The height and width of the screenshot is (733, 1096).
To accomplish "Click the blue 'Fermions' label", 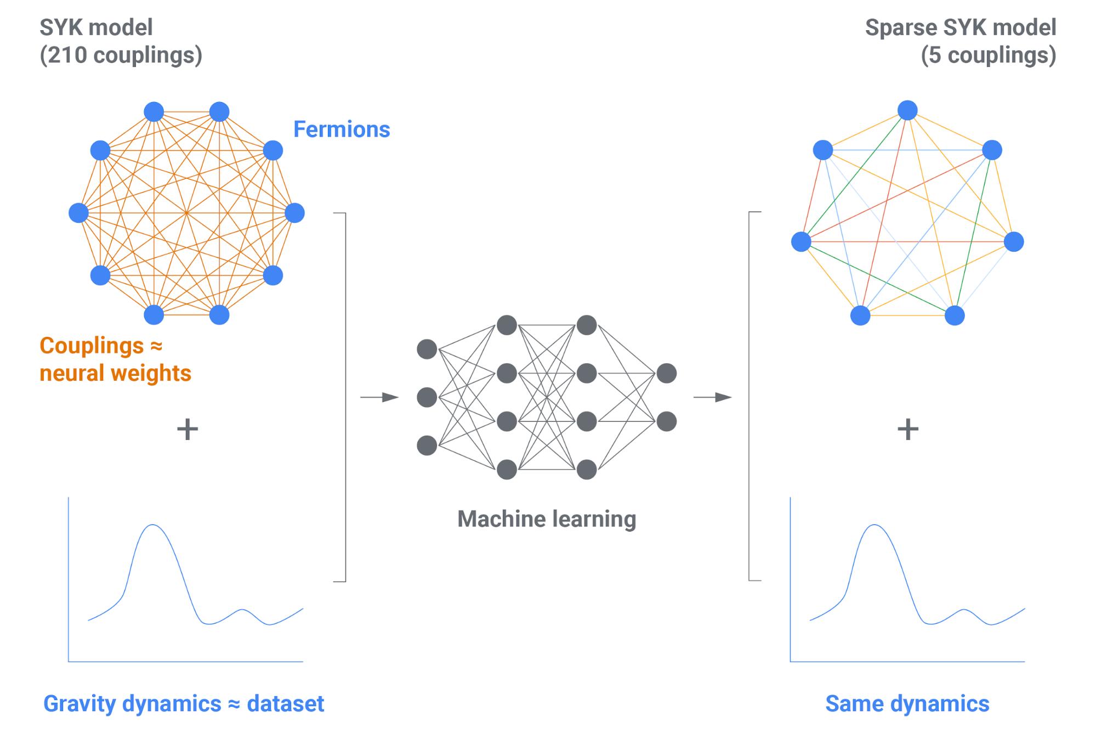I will pyautogui.click(x=342, y=129).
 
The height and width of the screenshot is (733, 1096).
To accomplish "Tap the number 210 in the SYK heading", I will pyautogui.click(x=64, y=55).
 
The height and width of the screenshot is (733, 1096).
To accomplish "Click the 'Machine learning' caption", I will pyautogui.click(x=547, y=519).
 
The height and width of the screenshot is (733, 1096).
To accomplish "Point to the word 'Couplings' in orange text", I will pyautogui.click(x=92, y=346).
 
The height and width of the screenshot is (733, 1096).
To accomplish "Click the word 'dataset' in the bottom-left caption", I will pyautogui.click(x=285, y=704).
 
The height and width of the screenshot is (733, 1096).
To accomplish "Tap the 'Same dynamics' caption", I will pyautogui.click(x=907, y=704).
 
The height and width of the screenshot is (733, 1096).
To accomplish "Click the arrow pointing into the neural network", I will pyautogui.click(x=379, y=397).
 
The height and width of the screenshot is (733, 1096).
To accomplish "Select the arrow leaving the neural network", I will pyautogui.click(x=713, y=397).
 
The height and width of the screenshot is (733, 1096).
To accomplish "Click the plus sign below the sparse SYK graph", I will pyautogui.click(x=907, y=429).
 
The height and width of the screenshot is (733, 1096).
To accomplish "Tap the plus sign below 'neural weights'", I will pyautogui.click(x=187, y=429).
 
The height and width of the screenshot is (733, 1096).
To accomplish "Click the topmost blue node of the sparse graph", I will pyautogui.click(x=907, y=110).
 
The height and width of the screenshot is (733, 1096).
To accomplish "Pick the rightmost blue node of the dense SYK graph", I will pyautogui.click(x=294, y=213).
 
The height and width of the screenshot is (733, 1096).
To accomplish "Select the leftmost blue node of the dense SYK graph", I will pyautogui.click(x=79, y=213).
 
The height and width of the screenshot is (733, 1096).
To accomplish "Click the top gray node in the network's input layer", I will pyautogui.click(x=427, y=349).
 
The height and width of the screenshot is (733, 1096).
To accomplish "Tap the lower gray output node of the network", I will pyautogui.click(x=666, y=421).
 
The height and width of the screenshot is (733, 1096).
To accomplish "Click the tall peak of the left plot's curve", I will pyautogui.click(x=153, y=526).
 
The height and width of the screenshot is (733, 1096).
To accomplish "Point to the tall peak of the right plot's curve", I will pyautogui.click(x=874, y=526).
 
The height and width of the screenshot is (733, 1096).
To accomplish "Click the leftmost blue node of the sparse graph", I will pyautogui.click(x=801, y=241).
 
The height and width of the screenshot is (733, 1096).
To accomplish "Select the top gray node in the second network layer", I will pyautogui.click(x=507, y=325).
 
